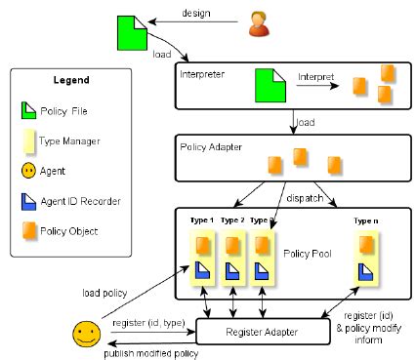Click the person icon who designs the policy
[x=259, y=22]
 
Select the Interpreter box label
[x=204, y=73]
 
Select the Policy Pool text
[x=306, y=253]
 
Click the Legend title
[x=72, y=79]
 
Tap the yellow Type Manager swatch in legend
[x=28, y=141]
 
